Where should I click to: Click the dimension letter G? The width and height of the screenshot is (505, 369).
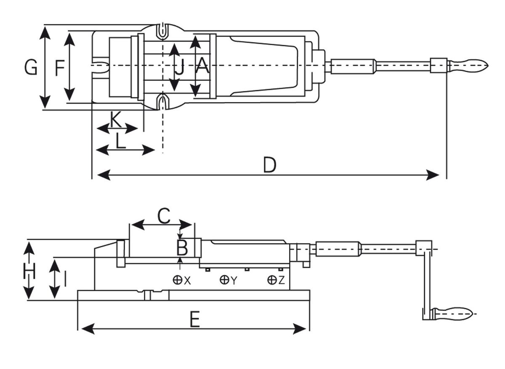click(x=31, y=67)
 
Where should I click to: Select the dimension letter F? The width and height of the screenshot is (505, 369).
click(x=60, y=67)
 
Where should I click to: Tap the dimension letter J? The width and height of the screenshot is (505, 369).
click(x=180, y=67)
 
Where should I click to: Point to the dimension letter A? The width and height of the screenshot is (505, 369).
click(x=202, y=67)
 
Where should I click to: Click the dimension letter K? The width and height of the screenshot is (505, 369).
click(x=116, y=120)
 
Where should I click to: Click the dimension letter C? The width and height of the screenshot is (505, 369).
click(x=164, y=216)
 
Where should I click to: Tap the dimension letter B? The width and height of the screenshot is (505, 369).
click(x=182, y=248)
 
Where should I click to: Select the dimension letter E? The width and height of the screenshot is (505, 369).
click(x=194, y=320)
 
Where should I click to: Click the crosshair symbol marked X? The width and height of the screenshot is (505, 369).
click(x=178, y=280)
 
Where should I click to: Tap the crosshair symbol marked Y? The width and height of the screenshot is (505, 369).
click(x=225, y=280)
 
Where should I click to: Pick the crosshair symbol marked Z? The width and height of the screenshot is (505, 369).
click(x=273, y=280)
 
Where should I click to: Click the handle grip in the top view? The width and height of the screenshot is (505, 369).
click(x=468, y=65)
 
